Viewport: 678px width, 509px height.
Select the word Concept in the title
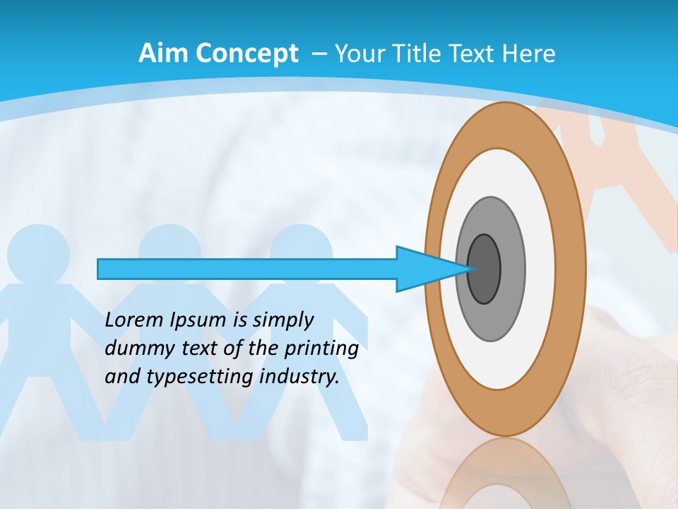(246, 54)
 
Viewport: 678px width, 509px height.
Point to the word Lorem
(134, 320)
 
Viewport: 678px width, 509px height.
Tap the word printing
(321, 349)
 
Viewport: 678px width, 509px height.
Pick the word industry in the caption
(299, 377)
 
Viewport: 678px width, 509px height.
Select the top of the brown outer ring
(505, 124)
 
